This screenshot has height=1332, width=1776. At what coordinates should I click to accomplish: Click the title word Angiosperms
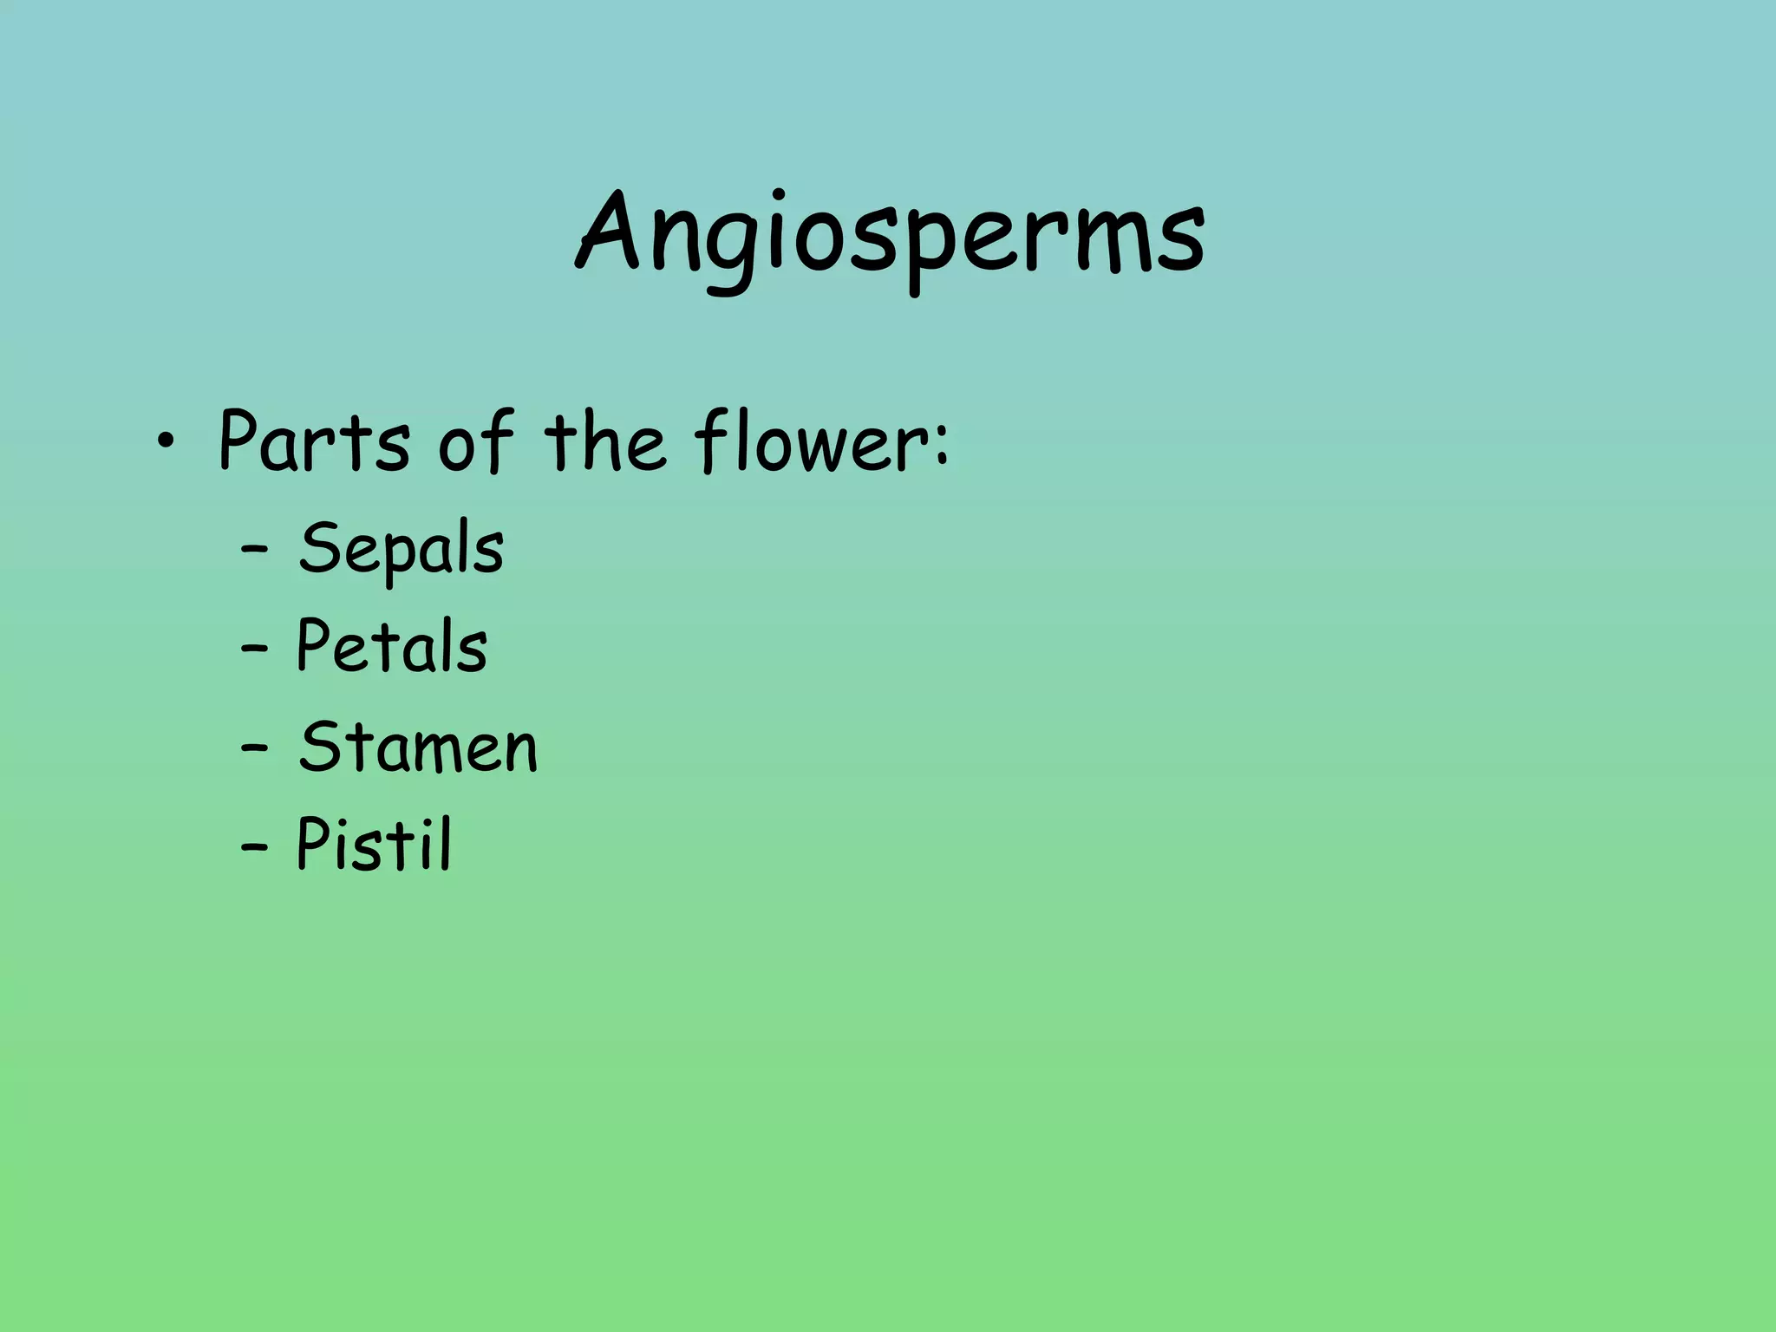tap(890, 236)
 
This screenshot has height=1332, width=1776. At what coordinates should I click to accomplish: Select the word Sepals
tap(401, 550)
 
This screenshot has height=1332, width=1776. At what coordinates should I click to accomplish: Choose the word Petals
tap(392, 647)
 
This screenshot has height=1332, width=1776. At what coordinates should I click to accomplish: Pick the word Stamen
tap(418, 748)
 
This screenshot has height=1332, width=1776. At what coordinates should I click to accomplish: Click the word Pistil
tap(374, 845)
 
